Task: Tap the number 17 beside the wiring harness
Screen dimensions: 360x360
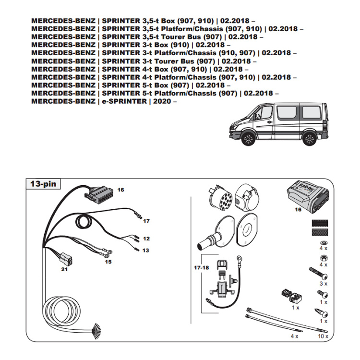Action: pyautogui.click(x=146, y=221)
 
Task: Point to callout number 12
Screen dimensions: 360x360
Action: pyautogui.click(x=146, y=239)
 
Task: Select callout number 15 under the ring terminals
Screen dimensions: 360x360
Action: pyautogui.click(x=108, y=262)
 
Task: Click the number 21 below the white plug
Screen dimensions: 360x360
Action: pyautogui.click(x=64, y=269)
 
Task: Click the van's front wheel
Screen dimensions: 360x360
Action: pyautogui.click(x=249, y=139)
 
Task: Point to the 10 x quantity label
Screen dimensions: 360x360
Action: pyautogui.click(x=323, y=336)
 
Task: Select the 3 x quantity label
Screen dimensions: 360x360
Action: pyautogui.click(x=324, y=284)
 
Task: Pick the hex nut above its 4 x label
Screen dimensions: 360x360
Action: pyautogui.click(x=323, y=257)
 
